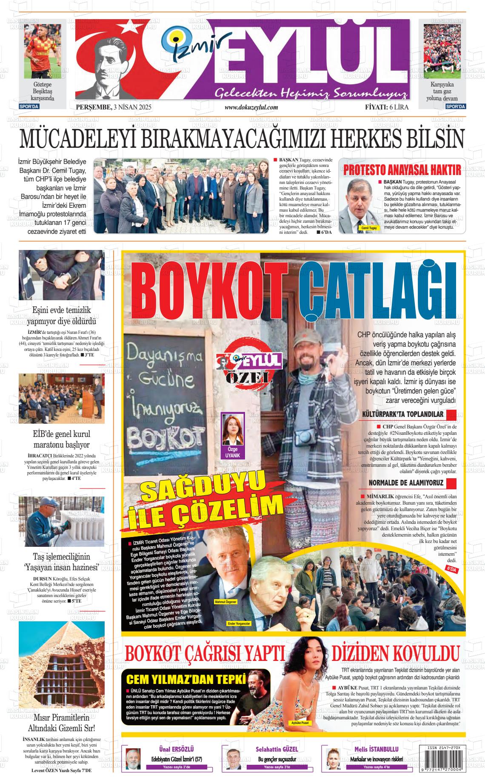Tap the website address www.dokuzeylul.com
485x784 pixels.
click(251, 107)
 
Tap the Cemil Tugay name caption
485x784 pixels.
click(369, 228)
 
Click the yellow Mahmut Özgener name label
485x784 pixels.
click(225, 602)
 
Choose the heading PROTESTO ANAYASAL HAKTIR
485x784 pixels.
click(402, 170)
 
